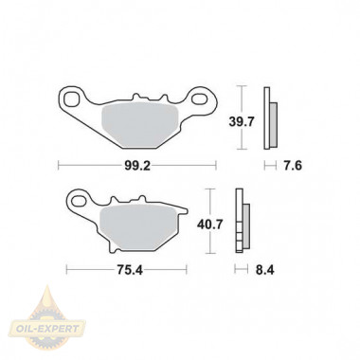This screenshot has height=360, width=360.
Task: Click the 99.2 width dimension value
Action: point(137,166)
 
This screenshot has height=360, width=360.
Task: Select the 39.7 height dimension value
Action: point(242,121)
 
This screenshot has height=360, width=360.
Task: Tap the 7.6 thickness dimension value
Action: point(293,166)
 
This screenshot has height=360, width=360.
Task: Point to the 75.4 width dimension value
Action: point(130,270)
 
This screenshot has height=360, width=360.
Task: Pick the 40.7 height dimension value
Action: point(210,225)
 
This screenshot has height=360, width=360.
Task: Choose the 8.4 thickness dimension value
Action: point(264,270)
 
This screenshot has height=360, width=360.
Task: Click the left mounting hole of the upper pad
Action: point(71,99)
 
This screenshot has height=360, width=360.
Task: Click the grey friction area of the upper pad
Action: point(139,125)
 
